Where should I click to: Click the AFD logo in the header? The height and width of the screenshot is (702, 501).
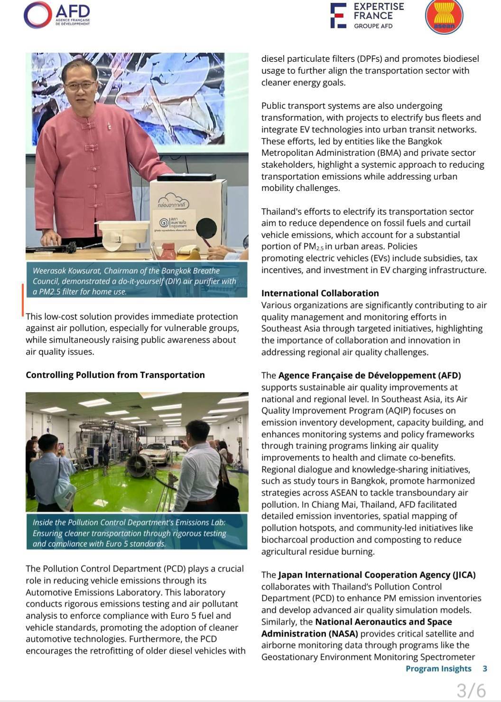57,14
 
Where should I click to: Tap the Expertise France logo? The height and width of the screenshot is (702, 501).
368,15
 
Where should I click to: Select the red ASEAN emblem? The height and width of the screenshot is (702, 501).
444,17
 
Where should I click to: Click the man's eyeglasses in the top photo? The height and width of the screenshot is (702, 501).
80,86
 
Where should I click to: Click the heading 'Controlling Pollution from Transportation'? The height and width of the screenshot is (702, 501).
115,375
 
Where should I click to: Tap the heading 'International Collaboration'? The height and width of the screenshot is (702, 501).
320,293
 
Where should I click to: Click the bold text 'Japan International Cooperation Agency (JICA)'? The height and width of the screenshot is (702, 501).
377,575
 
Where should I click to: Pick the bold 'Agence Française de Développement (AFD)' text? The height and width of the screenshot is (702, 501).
370,375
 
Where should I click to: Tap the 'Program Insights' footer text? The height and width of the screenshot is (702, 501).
438,668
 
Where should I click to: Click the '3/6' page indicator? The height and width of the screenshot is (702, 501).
471,690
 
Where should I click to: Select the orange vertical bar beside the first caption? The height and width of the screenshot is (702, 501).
22,300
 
